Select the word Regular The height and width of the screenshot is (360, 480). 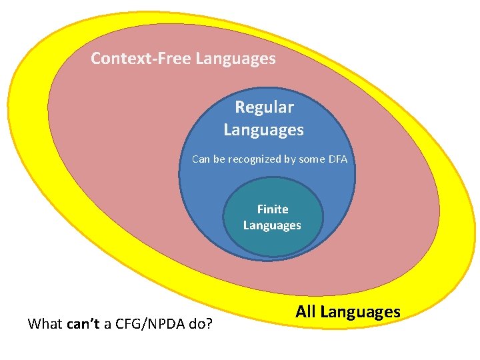[264, 107]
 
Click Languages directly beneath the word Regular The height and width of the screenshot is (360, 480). [263, 129]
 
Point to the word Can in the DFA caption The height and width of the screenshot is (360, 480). [201, 159]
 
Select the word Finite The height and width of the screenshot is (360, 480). [273, 209]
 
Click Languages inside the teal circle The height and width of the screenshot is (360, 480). [272, 225]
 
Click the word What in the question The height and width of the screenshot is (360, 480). [45, 325]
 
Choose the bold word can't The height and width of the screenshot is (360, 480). [83, 325]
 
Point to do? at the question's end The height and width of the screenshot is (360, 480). [201, 325]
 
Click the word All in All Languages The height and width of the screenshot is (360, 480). [306, 311]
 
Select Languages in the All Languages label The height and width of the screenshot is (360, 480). [360, 311]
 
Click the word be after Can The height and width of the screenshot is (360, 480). [219, 159]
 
